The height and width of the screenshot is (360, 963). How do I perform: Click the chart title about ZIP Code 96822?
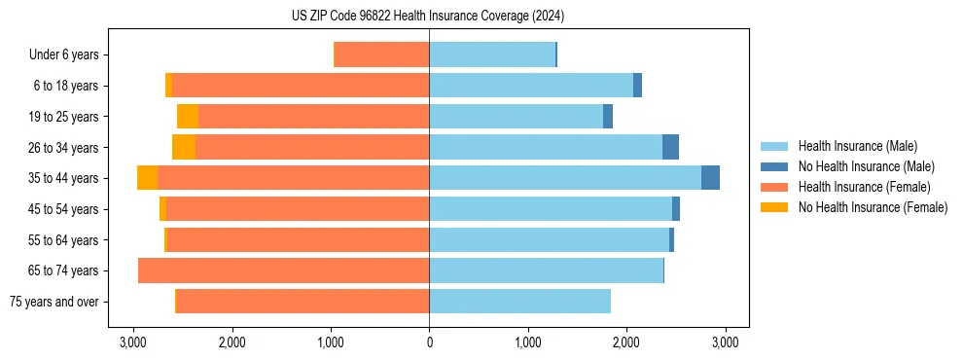point(428,17)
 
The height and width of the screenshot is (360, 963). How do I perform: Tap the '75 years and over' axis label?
point(54,302)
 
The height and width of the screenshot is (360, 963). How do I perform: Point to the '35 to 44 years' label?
point(64,178)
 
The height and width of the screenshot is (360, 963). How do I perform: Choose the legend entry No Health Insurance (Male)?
point(866,166)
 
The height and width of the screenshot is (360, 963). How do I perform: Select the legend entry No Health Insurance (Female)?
point(873,207)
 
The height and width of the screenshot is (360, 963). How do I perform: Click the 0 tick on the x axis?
point(429,342)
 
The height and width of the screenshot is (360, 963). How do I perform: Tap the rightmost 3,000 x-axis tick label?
point(725,342)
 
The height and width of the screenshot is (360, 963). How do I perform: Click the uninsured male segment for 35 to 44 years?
point(710,178)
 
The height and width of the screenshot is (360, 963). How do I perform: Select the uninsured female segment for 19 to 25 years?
point(188,117)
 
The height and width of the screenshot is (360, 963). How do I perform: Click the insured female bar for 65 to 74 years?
point(284,270)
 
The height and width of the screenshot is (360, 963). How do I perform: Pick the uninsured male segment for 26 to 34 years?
point(670,147)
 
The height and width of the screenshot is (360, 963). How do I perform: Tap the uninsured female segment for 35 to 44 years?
point(147,178)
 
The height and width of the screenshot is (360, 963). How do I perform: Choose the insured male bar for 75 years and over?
point(519,302)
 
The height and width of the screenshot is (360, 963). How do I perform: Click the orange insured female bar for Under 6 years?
point(381,54)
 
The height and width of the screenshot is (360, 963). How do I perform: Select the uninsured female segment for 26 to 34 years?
point(184,147)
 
